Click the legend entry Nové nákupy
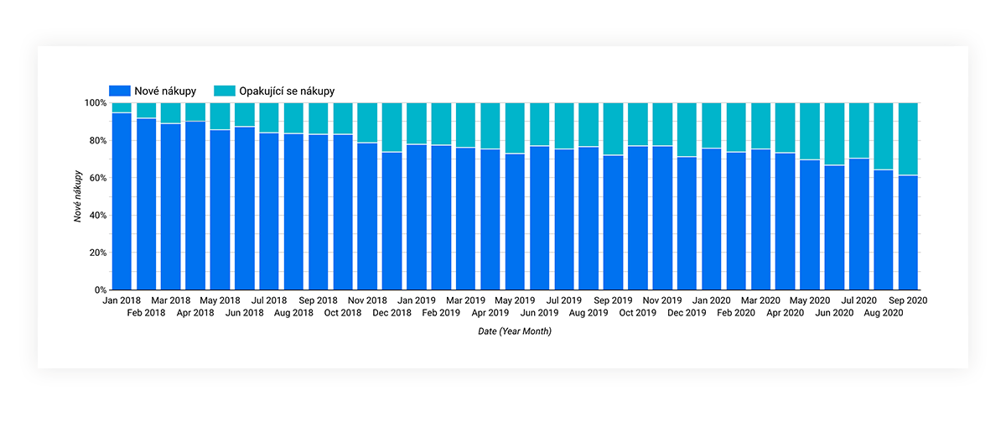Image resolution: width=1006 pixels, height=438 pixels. click(153, 91)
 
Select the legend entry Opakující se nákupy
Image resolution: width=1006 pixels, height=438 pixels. click(274, 91)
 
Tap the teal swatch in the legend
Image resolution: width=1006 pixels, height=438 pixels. click(225, 91)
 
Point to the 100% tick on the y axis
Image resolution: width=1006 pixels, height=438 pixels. click(96, 103)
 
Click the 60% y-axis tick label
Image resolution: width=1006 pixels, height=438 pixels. click(98, 178)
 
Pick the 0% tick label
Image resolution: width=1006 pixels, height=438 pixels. click(101, 290)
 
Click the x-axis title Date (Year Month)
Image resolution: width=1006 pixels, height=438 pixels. click(515, 331)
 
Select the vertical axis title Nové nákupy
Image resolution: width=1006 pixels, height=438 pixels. click(78, 196)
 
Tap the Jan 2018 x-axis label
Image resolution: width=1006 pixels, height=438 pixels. click(122, 300)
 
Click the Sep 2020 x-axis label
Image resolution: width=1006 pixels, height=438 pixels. click(908, 300)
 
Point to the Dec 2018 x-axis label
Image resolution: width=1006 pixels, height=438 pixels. click(392, 313)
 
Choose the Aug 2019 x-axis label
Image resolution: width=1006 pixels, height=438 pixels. click(589, 313)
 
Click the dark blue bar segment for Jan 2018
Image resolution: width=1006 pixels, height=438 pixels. click(122, 201)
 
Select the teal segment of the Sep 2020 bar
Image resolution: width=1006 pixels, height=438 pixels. click(908, 139)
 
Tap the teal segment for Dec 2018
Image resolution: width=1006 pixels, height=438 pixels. click(392, 128)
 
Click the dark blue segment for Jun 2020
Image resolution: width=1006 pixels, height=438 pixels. click(834, 227)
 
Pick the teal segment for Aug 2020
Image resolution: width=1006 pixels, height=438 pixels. click(884, 136)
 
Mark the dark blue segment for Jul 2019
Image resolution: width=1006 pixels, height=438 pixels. click(564, 220)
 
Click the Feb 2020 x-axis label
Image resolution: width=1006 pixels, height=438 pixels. click(736, 313)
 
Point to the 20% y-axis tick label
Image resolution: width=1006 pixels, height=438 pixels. click(98, 253)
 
